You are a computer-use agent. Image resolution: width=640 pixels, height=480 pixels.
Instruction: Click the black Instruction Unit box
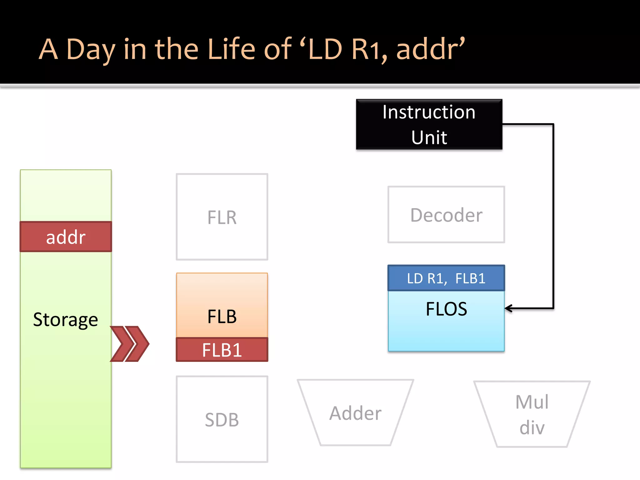(x=429, y=124)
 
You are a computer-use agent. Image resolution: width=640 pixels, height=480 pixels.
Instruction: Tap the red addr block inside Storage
(x=66, y=237)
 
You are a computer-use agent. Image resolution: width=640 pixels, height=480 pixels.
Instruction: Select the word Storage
(x=66, y=320)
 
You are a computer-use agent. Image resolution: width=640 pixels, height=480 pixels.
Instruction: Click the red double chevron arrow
(x=130, y=344)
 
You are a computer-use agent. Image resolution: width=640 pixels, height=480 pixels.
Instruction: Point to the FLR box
(x=222, y=217)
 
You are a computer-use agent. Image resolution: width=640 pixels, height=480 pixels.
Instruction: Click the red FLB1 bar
(x=222, y=350)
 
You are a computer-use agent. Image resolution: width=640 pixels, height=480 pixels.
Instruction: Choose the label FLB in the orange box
(x=222, y=316)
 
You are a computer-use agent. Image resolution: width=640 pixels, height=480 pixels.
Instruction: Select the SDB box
(x=222, y=419)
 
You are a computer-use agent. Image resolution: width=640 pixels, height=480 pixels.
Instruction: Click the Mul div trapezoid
(x=532, y=414)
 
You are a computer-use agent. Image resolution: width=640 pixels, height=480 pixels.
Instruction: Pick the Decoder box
(x=446, y=215)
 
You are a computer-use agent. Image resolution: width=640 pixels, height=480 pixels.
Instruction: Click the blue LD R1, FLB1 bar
(x=446, y=278)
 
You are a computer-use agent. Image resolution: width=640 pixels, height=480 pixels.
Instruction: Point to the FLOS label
(x=446, y=309)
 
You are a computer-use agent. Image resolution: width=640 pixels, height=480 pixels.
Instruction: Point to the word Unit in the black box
(x=429, y=137)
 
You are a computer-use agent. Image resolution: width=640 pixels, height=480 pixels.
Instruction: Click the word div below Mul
(x=532, y=427)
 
